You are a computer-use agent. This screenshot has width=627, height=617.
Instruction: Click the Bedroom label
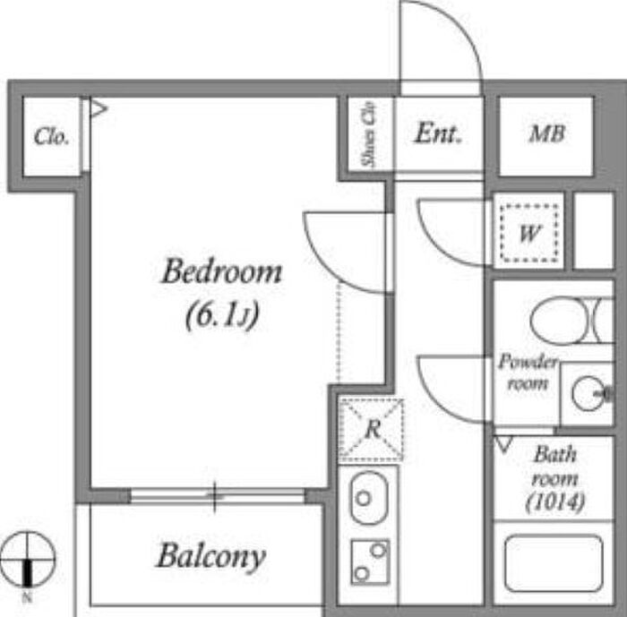point(221,271)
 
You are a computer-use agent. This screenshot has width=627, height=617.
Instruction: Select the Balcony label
point(211,556)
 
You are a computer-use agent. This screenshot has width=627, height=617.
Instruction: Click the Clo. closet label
point(51,137)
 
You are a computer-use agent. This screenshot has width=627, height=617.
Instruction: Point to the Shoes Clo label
point(369,134)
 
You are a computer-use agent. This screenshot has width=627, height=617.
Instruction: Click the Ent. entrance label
point(438,133)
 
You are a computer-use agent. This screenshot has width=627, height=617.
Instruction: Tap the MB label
point(546,133)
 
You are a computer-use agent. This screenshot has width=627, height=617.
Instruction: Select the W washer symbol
point(529,233)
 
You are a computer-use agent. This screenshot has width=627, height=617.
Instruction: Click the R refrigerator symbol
point(371,429)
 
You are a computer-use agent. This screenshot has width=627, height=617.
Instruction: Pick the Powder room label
point(528,372)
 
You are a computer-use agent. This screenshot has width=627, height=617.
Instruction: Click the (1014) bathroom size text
point(555,501)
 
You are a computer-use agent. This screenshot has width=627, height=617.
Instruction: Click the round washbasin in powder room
point(588,393)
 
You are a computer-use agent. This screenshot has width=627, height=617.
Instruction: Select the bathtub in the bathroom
point(554,562)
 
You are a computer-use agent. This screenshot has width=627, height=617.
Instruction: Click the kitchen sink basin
point(369,498)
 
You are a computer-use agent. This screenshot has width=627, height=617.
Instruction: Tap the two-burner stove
point(370,561)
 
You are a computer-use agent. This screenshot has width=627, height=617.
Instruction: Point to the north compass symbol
point(27,559)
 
